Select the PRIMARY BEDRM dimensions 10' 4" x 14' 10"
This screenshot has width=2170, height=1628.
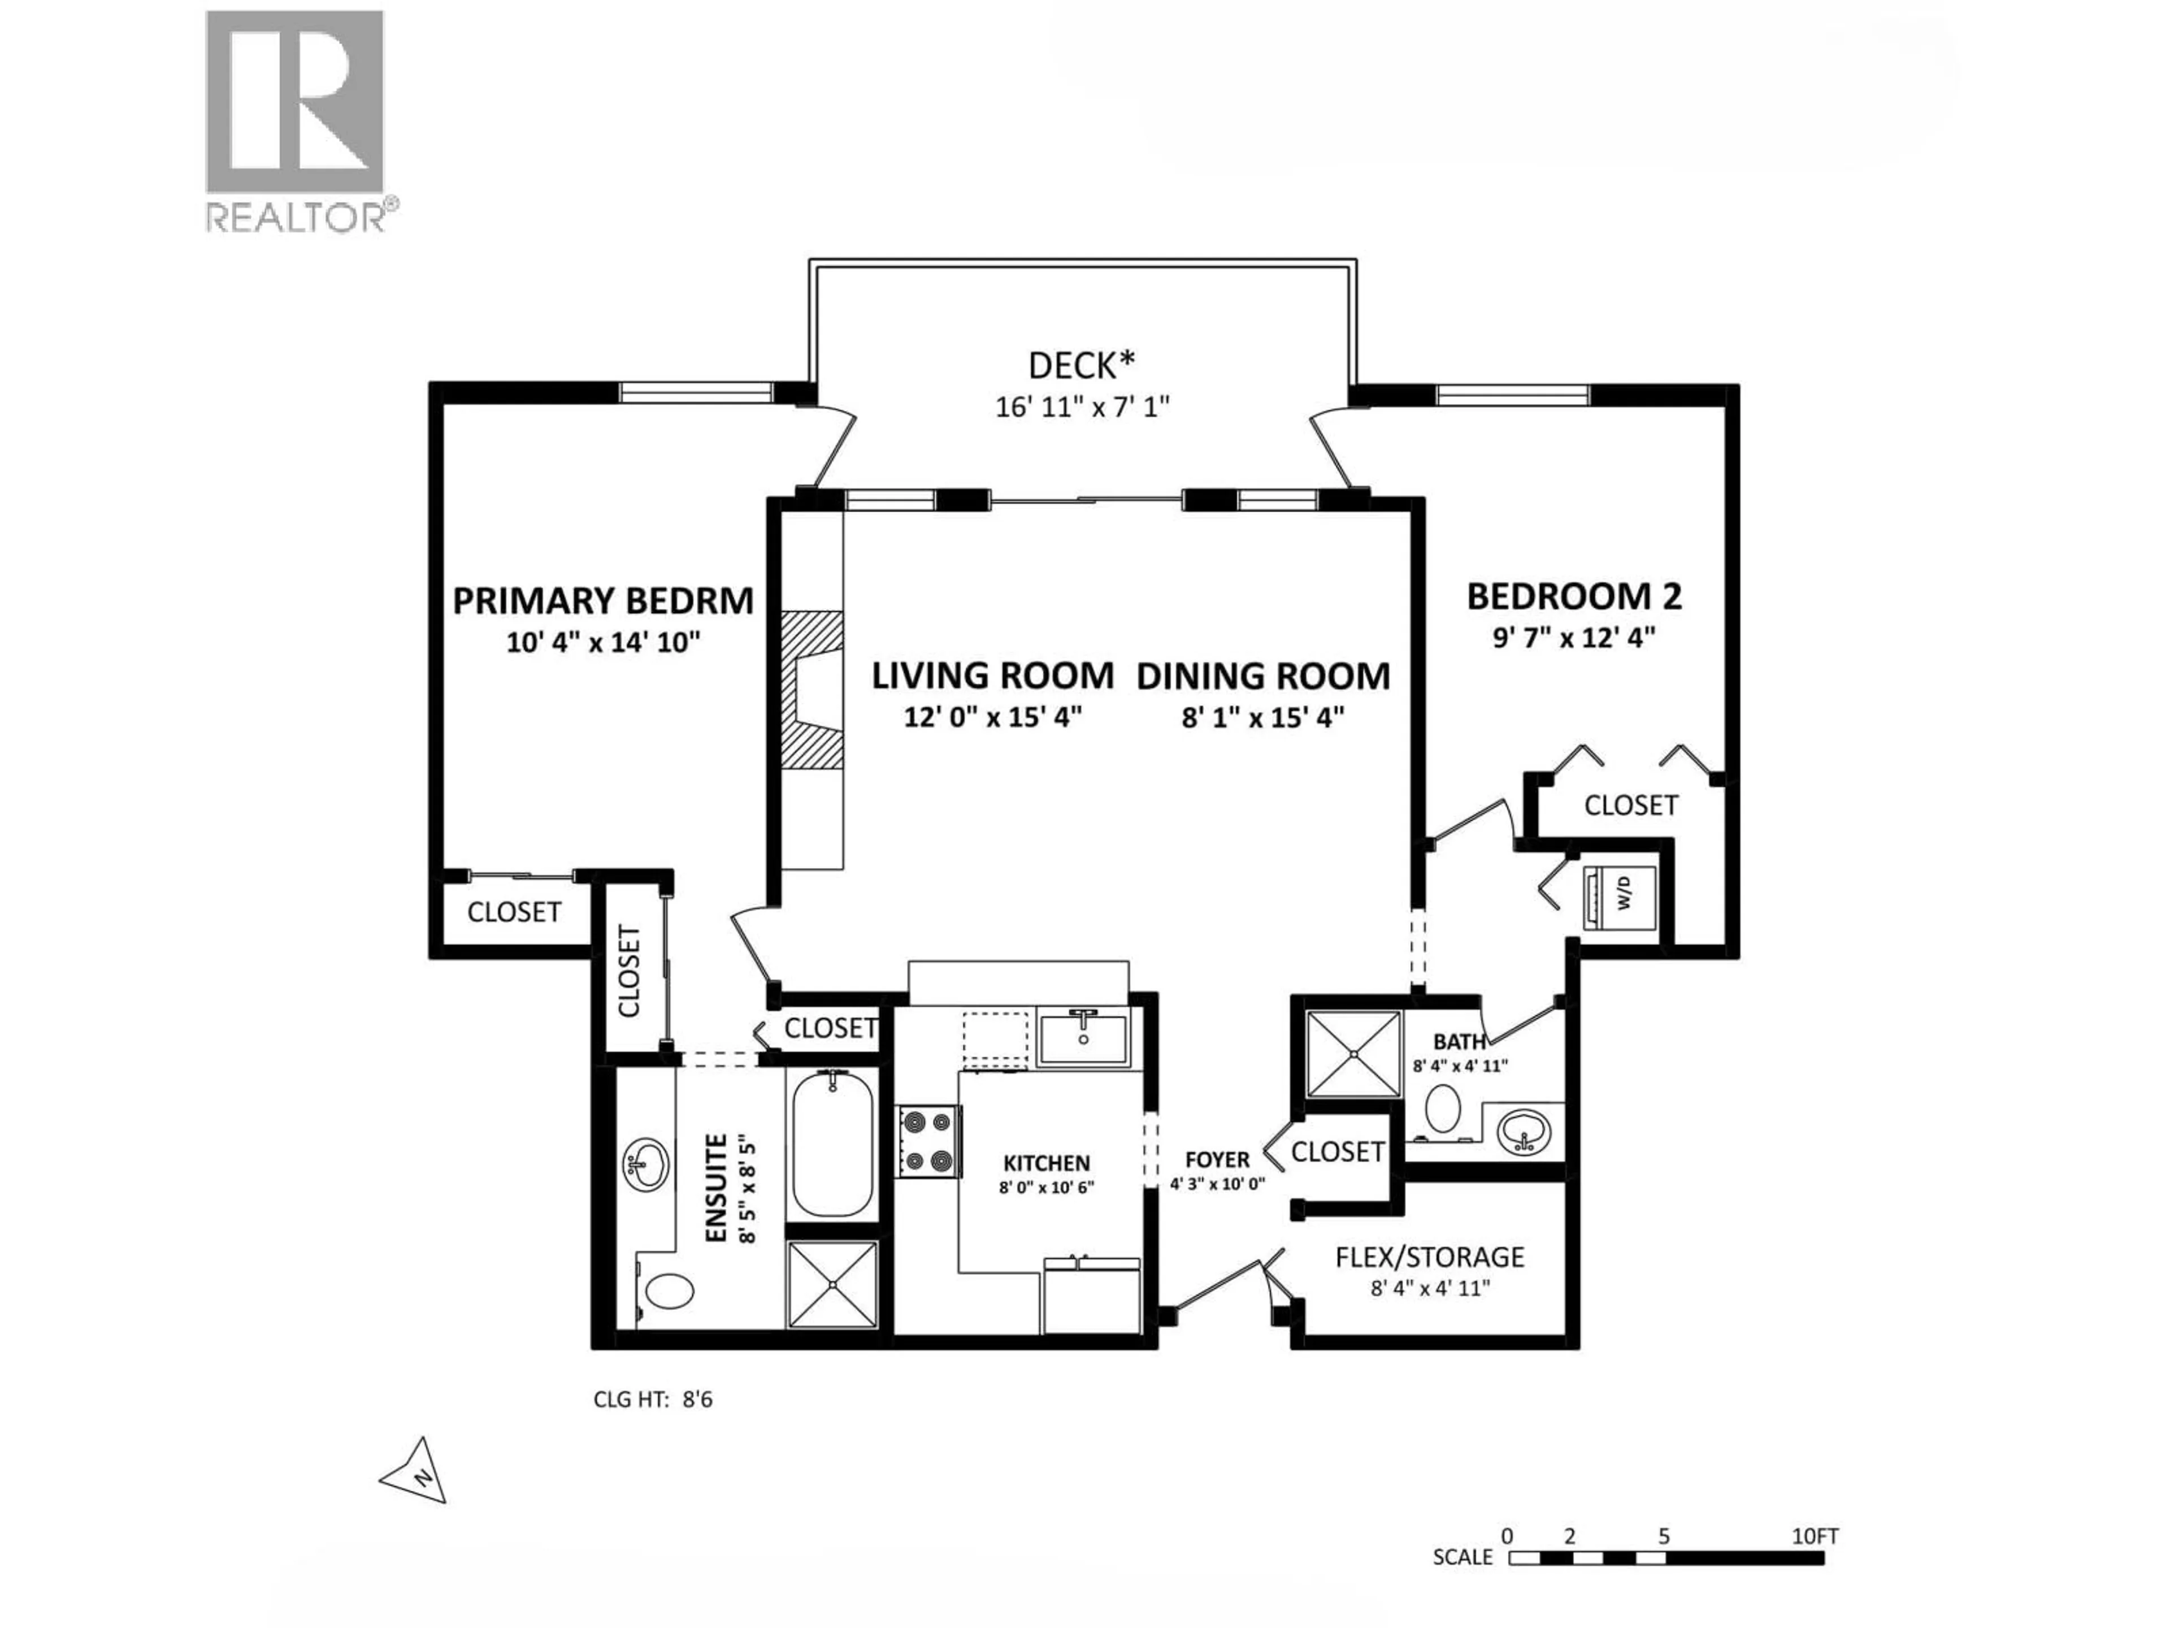coord(604,643)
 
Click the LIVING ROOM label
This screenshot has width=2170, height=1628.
coord(993,676)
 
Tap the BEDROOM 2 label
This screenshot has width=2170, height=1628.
coord(1574,596)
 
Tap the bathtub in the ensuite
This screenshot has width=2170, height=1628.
coord(832,1144)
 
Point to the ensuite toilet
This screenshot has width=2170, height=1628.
coord(670,1289)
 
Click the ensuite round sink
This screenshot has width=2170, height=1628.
coord(645,1165)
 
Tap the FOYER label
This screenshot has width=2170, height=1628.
coord(1217,1160)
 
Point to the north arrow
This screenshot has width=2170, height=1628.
coord(419,1473)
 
